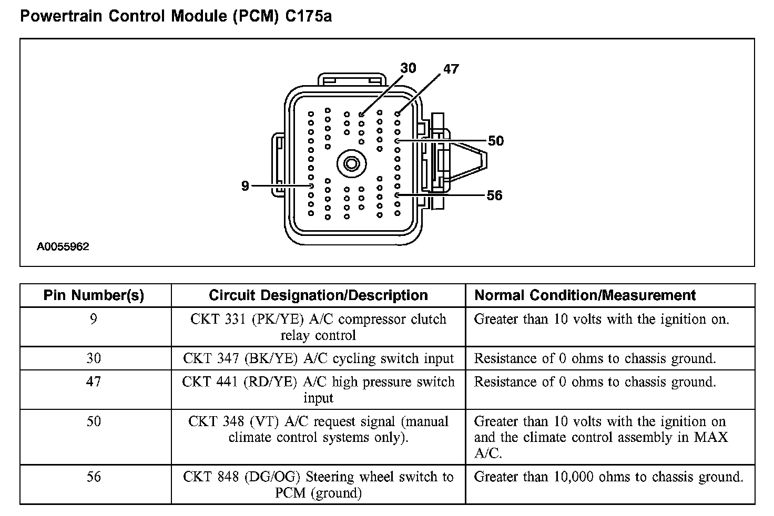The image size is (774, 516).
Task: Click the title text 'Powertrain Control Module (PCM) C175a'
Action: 176,16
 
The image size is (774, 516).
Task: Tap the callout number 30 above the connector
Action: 408,68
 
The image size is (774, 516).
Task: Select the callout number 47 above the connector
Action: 451,69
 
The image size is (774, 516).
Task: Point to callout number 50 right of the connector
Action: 495,141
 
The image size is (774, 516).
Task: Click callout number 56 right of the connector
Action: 494,195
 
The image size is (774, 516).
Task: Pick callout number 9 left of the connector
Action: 245,186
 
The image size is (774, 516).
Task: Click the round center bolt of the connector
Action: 351,164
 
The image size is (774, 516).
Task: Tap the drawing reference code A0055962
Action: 63,246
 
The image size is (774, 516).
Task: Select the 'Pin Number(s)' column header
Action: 94,295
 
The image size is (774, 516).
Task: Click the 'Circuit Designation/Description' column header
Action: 318,295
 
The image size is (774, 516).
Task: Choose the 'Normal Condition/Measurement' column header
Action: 585,295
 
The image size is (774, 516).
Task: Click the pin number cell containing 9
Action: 94,319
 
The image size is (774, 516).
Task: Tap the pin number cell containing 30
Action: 94,358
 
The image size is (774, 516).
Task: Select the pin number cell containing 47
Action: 94,381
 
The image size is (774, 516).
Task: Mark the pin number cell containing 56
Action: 94,477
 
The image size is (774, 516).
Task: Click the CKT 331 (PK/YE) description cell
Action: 318,327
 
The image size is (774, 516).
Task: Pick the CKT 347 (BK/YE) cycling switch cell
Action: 318,358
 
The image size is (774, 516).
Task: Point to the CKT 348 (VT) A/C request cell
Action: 318,429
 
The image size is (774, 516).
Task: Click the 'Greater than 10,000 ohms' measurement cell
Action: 608,477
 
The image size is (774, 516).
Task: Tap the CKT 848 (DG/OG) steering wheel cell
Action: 318,484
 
